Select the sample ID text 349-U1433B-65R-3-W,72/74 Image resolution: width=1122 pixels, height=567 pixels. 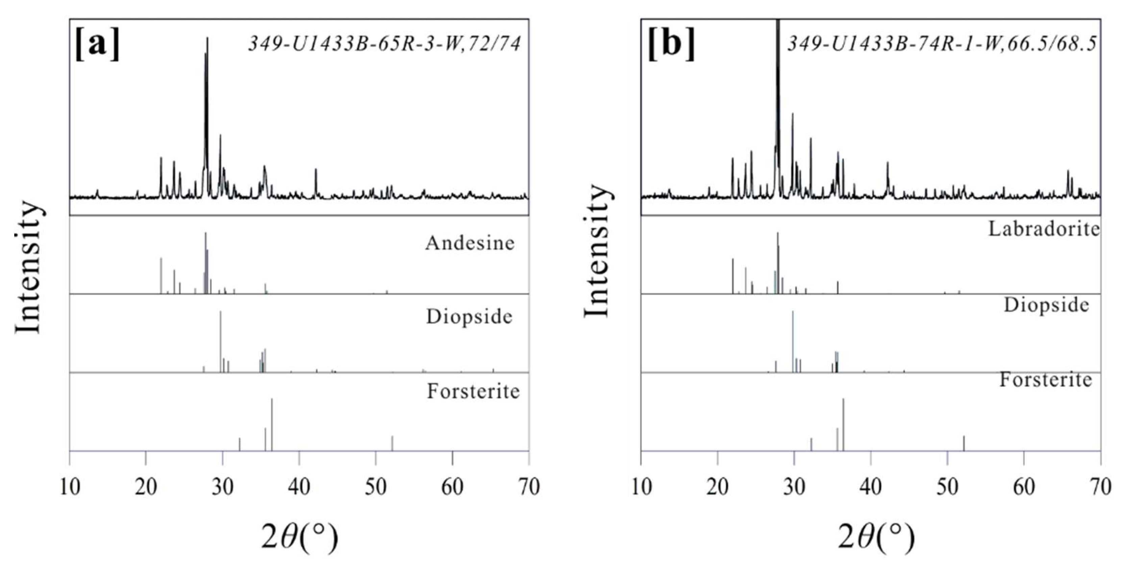[x=384, y=44]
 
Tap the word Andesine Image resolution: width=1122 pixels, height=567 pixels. [x=470, y=243]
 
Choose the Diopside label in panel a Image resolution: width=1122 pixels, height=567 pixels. [x=469, y=317]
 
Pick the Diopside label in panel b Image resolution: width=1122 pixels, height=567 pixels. [x=1047, y=305]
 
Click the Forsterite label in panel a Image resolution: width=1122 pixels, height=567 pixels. [x=473, y=391]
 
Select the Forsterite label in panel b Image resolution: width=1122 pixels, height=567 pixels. [x=1046, y=380]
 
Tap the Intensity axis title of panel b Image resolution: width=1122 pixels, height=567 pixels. [x=597, y=251]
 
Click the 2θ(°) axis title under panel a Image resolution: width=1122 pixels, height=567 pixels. [x=300, y=537]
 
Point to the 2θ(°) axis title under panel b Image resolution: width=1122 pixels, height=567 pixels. [x=876, y=537]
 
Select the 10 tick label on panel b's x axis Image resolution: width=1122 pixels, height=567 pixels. [x=642, y=486]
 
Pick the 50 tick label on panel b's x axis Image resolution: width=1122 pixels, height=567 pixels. [x=947, y=486]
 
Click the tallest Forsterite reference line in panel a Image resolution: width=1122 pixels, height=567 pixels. [x=272, y=424]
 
